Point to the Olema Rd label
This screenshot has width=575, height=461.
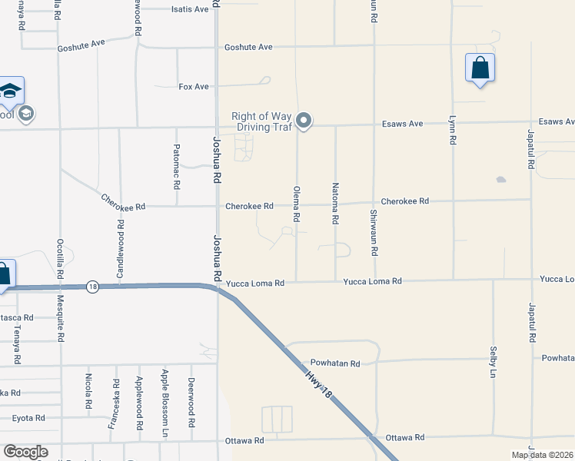[x=296, y=204]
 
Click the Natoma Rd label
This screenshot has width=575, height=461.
[x=335, y=204]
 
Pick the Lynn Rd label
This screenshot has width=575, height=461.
[x=452, y=131]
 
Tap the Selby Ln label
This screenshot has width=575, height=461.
[x=493, y=360]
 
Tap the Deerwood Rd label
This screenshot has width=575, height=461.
[x=191, y=403]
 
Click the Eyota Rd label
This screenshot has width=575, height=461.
[x=28, y=418]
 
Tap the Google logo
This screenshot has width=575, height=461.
[x=25, y=452]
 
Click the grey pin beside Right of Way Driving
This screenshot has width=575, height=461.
[x=304, y=121]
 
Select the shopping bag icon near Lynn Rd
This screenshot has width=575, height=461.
[x=480, y=68]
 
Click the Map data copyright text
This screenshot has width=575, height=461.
[x=542, y=455]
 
